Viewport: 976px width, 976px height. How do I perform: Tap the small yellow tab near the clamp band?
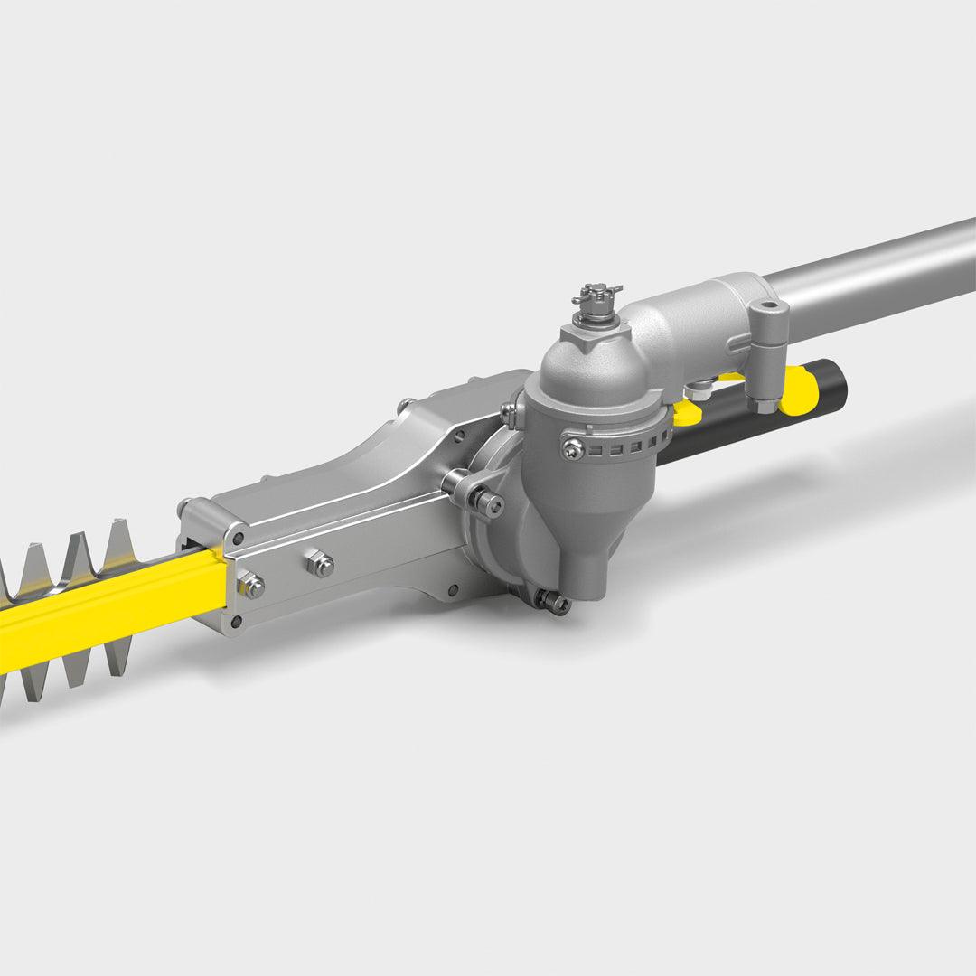tap(687, 412)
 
